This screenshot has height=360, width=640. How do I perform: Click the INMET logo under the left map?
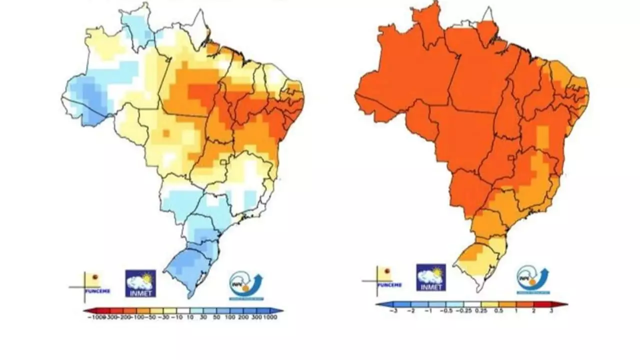[x=140, y=283]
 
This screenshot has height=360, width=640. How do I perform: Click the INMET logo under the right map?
[x=431, y=277]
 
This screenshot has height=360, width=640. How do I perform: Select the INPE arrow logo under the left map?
[x=246, y=286]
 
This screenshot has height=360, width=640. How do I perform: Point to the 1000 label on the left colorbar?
[x=270, y=317]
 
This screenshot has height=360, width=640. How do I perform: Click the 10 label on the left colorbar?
[x=190, y=317]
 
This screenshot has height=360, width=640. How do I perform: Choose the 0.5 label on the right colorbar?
[x=498, y=311]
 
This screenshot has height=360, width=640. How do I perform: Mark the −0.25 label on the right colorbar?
[x=463, y=311]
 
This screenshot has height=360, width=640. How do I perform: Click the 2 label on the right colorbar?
[x=533, y=311]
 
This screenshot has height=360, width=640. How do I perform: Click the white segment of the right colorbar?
[x=472, y=304]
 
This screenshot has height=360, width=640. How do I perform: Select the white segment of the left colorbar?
[x=183, y=310]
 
